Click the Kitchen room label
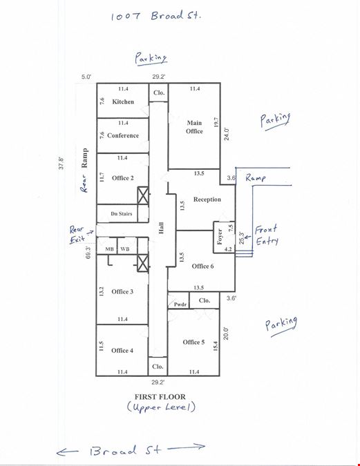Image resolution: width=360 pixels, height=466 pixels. click(x=123, y=101)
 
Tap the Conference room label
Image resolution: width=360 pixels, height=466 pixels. click(x=123, y=135)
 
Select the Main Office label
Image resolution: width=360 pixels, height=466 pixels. click(x=194, y=127)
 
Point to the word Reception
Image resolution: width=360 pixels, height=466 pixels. click(x=207, y=200)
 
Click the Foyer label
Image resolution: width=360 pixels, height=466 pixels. click(x=220, y=237)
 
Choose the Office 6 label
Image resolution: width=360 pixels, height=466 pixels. click(x=202, y=266)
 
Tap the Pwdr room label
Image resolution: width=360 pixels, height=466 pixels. click(x=180, y=304)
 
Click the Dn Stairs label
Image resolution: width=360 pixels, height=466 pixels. click(x=122, y=214)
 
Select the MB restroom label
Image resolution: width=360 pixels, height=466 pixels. click(x=109, y=249)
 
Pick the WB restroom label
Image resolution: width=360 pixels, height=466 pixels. click(x=125, y=249)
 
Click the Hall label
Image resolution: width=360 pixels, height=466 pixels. click(x=161, y=228)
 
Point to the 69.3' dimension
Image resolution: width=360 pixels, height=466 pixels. click(x=88, y=252)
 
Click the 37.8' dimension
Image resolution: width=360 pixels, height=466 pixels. click(x=61, y=163)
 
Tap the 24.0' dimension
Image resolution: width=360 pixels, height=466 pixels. click(x=227, y=134)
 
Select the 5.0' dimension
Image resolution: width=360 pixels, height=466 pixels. click(x=86, y=77)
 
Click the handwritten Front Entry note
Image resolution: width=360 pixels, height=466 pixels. click(x=266, y=235)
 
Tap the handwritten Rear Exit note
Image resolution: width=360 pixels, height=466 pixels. click(x=77, y=235)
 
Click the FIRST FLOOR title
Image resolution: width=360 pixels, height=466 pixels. click(x=160, y=397)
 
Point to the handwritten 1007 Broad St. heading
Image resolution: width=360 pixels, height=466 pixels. click(x=156, y=15)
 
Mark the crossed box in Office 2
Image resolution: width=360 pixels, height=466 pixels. click(x=143, y=195)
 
